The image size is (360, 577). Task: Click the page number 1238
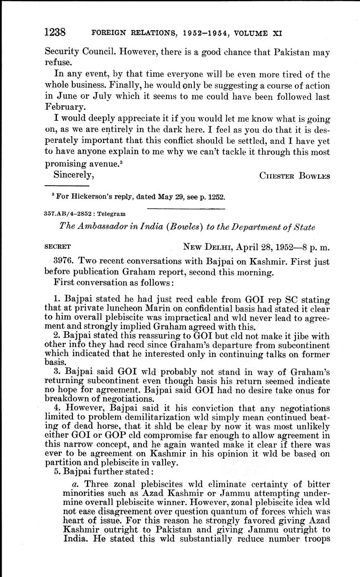[56, 32]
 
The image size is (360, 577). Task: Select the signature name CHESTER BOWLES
[295, 176]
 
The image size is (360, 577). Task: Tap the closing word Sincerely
[74, 174]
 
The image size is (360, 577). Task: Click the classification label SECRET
[58, 247]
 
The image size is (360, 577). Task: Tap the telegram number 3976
[64, 262]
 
